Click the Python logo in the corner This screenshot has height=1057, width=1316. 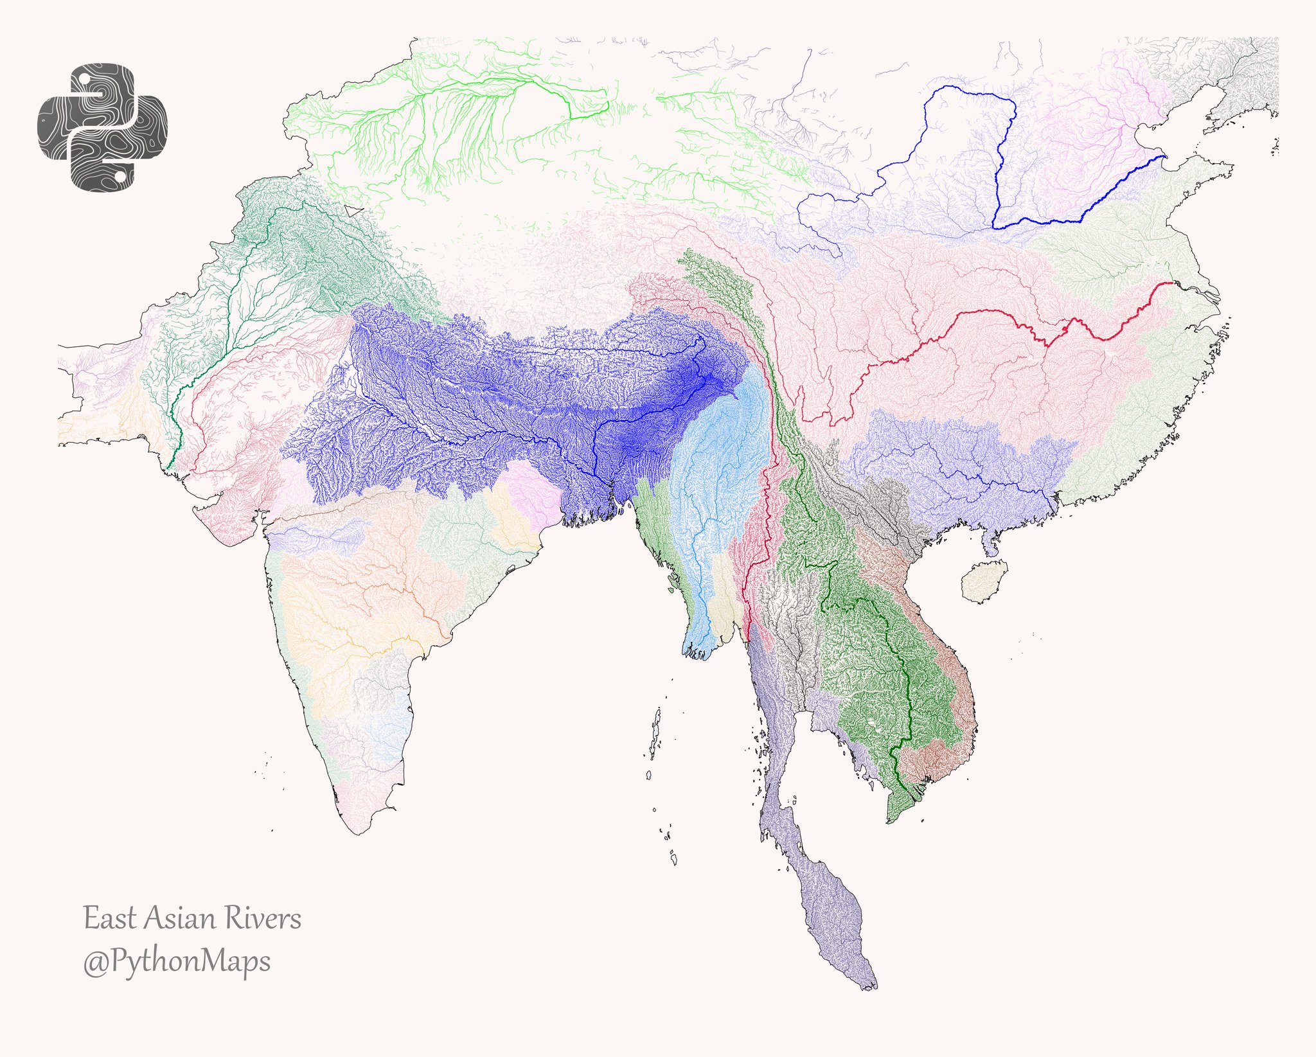(x=103, y=127)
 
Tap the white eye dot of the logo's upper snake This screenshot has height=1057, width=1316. (x=84, y=78)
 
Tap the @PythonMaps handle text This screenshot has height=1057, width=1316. (x=177, y=962)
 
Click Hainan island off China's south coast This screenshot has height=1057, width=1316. (x=983, y=581)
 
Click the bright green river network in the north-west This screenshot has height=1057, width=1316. (x=450, y=109)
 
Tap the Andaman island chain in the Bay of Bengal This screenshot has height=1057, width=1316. (x=655, y=733)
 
